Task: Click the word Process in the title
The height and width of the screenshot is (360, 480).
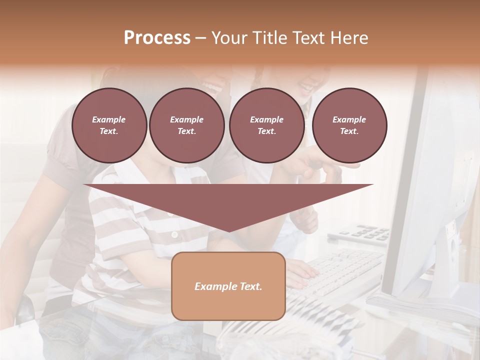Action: (x=157, y=38)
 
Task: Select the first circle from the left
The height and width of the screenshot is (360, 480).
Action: (x=109, y=125)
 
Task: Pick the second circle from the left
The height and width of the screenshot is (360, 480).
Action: (x=186, y=125)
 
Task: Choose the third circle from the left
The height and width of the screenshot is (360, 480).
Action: (x=266, y=125)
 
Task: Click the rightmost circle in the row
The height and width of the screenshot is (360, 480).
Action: (x=349, y=125)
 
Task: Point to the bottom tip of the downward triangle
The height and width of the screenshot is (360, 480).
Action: (x=228, y=231)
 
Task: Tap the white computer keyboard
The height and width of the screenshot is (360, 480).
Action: (x=345, y=272)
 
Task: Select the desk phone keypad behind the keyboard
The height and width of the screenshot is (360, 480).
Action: (x=365, y=233)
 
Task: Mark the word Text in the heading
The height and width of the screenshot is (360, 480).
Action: (x=309, y=38)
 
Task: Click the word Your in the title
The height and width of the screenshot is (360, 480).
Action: (x=228, y=38)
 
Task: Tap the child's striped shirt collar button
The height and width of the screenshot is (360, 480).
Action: (x=174, y=234)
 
